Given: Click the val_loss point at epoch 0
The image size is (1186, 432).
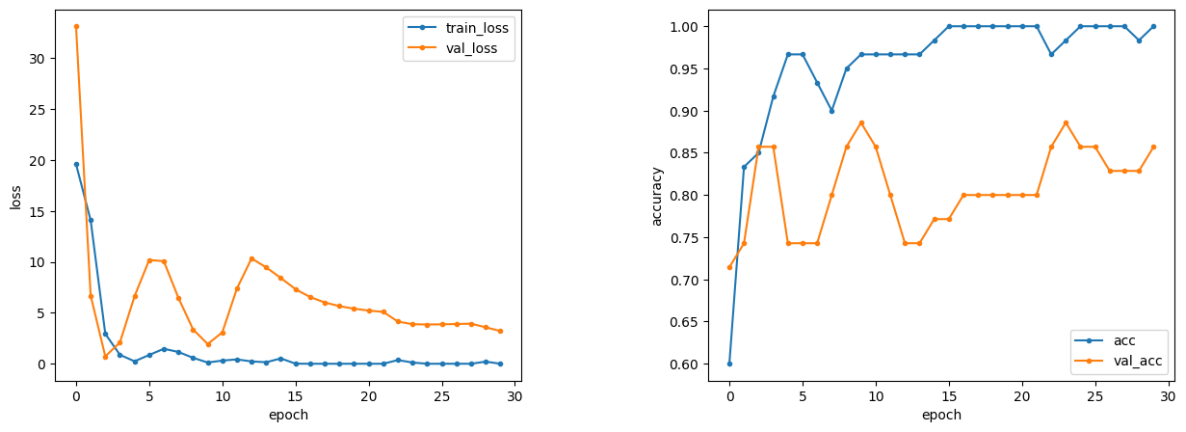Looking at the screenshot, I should click(76, 26).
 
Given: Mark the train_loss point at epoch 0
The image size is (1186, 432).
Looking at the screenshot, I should click(76, 164).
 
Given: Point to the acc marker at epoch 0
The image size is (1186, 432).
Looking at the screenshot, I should click(729, 364).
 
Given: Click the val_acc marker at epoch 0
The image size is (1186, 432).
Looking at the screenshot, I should click(729, 267).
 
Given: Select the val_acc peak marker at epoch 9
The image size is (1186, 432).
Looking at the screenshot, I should click(861, 122).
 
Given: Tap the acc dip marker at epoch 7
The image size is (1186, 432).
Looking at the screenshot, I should click(831, 110).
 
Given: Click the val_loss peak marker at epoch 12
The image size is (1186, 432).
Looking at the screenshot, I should click(251, 258).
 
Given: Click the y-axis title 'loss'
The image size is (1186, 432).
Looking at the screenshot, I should click(15, 198).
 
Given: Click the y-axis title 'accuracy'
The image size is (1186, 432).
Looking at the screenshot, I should click(656, 196).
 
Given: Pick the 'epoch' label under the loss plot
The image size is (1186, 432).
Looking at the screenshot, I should click(289, 415).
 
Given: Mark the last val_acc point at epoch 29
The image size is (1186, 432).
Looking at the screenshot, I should click(1153, 147).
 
